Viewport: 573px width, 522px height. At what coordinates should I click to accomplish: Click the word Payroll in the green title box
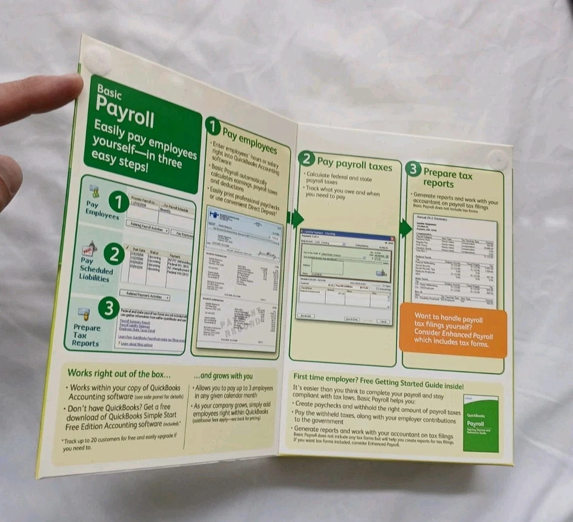coord(125,113)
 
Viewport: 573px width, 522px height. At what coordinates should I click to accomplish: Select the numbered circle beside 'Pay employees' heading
coord(212,126)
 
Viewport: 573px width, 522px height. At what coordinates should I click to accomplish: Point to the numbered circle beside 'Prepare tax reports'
coord(413,169)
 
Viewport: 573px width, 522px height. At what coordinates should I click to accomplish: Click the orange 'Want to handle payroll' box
coord(452,329)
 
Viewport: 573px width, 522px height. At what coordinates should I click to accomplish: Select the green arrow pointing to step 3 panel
coord(406,227)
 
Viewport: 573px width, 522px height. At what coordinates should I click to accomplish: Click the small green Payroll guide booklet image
coord(480,423)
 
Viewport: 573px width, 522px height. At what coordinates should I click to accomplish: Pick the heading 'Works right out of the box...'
coord(119,373)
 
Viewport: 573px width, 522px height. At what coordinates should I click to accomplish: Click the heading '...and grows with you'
coord(223,376)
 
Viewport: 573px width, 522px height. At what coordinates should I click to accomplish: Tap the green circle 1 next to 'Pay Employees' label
coord(118,203)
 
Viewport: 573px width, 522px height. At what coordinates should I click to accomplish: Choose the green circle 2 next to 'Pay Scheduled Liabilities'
coord(113,255)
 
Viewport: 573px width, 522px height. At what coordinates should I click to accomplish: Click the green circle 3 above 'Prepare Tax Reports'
coord(108,308)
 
